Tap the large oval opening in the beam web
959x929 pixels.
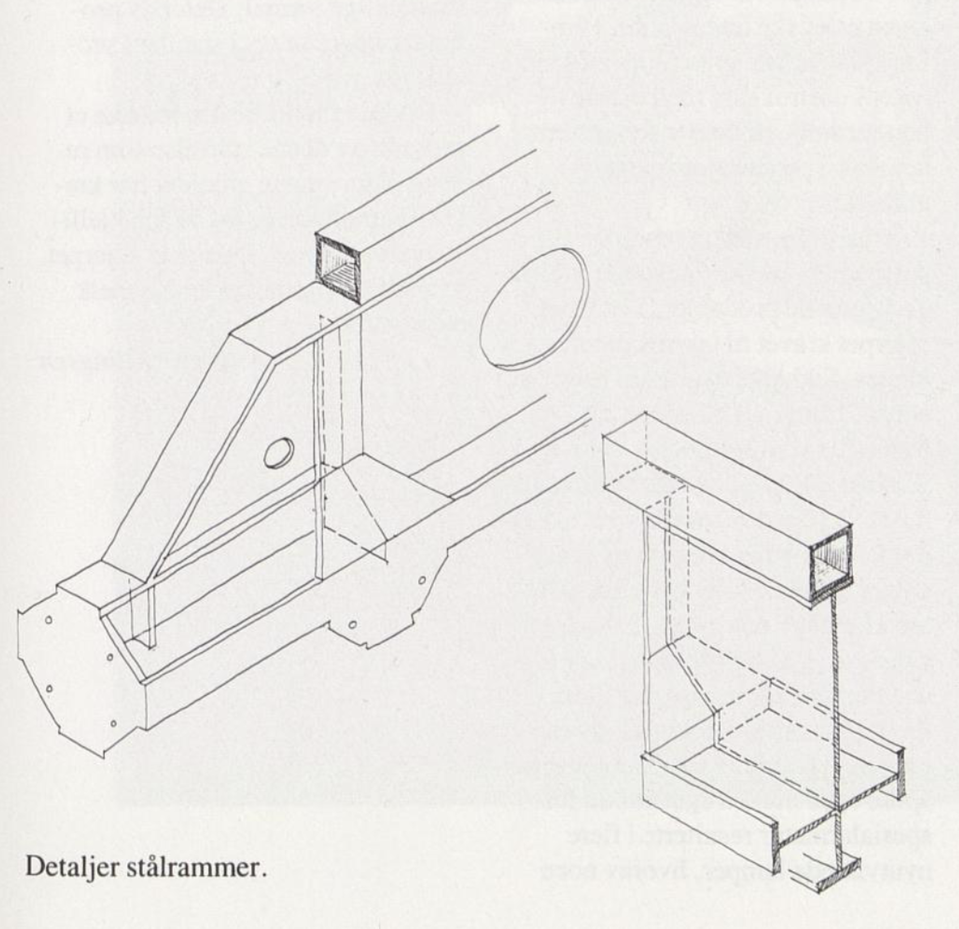click(534, 307)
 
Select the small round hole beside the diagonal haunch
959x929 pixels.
click(279, 452)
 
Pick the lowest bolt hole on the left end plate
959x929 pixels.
click(113, 724)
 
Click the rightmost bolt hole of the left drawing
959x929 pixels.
click(422, 580)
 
